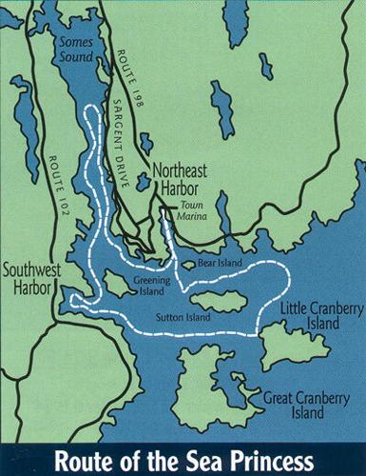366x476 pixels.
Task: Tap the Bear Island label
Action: pos(220,263)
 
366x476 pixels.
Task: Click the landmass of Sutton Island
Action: pos(223,303)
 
